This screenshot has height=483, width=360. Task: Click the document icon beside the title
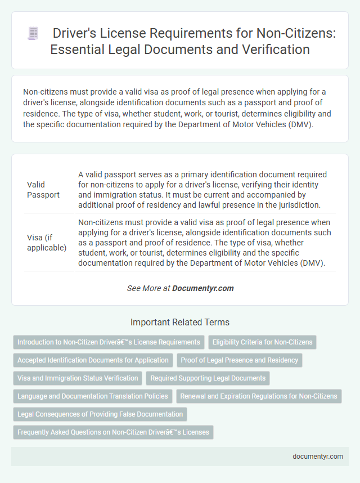click(x=33, y=34)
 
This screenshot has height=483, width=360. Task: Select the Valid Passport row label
click(x=43, y=189)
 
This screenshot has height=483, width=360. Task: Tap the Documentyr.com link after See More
click(x=202, y=288)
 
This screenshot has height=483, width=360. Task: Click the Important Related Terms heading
click(x=180, y=323)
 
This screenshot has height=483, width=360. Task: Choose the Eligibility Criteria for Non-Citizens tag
click(x=263, y=342)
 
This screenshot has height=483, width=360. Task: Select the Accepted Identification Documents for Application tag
click(x=93, y=360)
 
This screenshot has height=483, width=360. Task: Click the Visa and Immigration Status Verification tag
click(x=78, y=378)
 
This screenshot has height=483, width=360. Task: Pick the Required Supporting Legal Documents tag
click(x=208, y=378)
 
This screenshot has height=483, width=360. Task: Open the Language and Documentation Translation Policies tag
click(x=92, y=396)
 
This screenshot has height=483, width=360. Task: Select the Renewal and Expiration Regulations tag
click(x=259, y=396)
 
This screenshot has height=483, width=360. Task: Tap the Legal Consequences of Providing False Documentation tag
click(x=100, y=414)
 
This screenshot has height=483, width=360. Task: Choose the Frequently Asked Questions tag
click(x=113, y=432)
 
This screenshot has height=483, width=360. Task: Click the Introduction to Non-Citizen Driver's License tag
click(x=109, y=342)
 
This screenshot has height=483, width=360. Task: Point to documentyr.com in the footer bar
click(x=318, y=457)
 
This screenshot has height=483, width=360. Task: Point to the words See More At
click(x=148, y=288)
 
